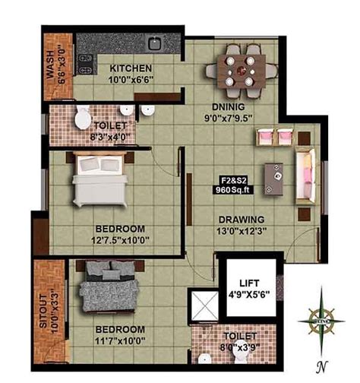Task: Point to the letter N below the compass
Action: pyautogui.click(x=322, y=366)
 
